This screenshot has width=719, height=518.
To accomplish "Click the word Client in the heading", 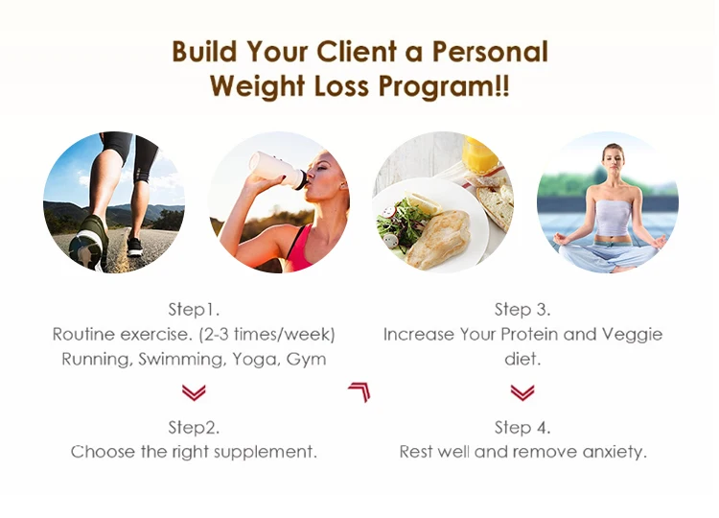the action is click(357, 51).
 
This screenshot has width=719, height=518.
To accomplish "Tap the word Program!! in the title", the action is click(444, 85).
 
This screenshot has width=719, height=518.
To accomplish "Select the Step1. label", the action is click(194, 310).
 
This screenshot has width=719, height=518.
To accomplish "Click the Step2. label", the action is click(194, 428).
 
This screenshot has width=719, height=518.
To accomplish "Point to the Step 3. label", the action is click(522, 310).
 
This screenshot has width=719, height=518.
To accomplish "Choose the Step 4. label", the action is click(522, 428).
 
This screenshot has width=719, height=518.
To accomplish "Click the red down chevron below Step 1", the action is click(194, 392).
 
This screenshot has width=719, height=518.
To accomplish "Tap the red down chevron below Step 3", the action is click(522, 392).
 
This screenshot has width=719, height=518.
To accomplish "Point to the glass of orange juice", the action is click(479, 155).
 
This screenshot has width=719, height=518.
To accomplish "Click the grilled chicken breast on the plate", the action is click(438, 239).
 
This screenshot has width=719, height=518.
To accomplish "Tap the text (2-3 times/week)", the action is click(267, 335).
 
